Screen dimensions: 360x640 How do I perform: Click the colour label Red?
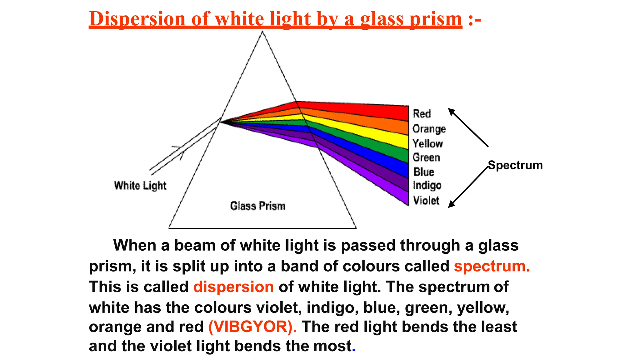422,114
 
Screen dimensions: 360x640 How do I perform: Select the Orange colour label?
429,129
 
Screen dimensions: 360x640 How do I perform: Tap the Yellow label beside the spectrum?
427,143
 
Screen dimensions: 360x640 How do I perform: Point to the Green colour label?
426,157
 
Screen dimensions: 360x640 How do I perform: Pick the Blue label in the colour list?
424,172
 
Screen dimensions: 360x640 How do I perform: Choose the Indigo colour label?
427,185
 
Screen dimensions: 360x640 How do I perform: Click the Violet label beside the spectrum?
426,200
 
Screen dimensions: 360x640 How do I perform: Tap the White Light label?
140,185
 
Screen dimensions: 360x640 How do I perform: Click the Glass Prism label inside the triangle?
258,206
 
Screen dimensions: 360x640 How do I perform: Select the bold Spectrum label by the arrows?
515,165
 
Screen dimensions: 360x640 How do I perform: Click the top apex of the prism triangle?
262,32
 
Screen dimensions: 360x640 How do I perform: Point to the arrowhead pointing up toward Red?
451,111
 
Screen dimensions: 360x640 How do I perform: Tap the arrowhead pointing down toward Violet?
451,205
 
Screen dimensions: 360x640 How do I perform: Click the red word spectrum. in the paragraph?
492,266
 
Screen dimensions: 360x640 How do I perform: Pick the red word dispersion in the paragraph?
233,287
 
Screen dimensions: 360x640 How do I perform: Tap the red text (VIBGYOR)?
252,327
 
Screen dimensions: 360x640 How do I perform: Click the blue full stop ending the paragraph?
354,349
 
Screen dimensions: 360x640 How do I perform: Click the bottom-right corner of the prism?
356,228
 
